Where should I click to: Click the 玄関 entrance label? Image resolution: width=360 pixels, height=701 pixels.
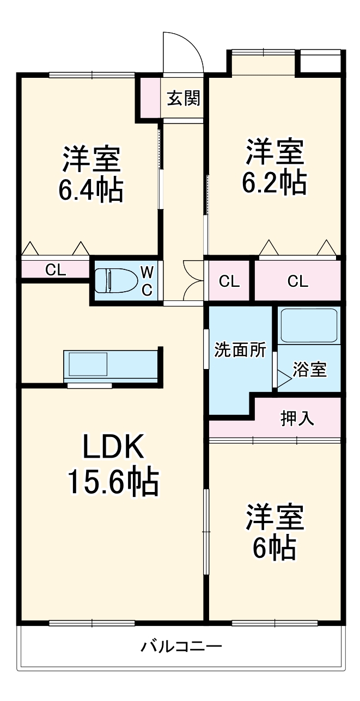(183, 99)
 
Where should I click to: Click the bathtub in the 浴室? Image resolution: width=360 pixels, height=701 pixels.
(308, 325)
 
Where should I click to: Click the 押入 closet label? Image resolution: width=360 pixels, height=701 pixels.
(297, 418)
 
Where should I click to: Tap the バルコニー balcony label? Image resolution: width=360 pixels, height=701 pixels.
(182, 647)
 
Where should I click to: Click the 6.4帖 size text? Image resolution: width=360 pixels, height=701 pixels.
(90, 190)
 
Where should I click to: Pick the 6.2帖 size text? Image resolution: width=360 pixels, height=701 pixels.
(274, 183)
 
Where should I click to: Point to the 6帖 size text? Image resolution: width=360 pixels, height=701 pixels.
(274, 548)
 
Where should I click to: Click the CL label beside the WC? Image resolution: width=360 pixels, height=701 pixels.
(55, 269)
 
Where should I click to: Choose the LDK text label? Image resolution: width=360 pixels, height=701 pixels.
(113, 448)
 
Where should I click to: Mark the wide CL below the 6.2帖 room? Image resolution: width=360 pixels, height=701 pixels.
(297, 281)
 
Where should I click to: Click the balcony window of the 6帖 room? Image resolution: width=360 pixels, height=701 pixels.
(275, 622)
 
